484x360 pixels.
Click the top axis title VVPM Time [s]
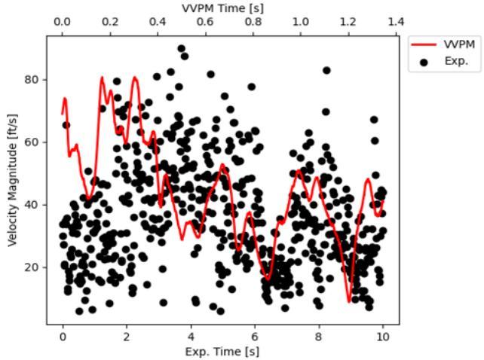pos(222,8)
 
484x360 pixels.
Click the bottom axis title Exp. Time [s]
pos(222,352)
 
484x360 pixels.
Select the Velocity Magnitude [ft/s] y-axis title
pos(12,180)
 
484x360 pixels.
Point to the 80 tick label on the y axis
pos(31,80)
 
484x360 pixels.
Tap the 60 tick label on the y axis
pos(31,142)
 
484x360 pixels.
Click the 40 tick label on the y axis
pos(31,205)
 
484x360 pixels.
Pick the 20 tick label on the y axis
pos(31,267)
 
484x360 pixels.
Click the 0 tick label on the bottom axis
pos(63,337)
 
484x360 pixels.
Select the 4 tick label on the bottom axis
pos(191,337)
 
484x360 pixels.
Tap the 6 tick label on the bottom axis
pos(255,337)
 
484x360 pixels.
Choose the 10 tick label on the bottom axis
pos(383,337)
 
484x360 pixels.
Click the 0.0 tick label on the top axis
pos(62,22)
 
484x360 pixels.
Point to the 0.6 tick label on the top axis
pos(205,22)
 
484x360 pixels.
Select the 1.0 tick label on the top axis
pos(301,22)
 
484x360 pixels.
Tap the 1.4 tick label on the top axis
pos(396,22)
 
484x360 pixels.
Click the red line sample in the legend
pos(424,44)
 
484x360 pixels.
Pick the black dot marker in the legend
pos(424,63)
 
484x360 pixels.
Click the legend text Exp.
pos(456,61)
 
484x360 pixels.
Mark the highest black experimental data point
pos(182,48)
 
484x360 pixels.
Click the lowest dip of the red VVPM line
pos(349,302)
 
